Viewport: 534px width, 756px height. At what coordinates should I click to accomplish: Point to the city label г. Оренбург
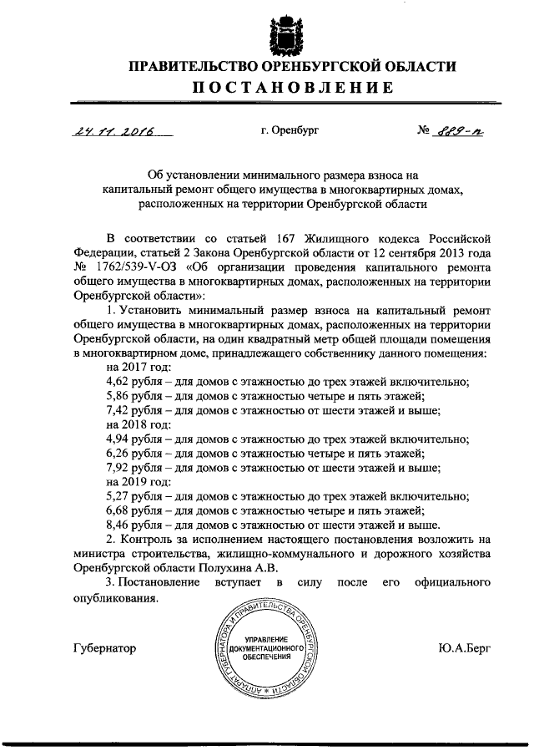pyautogui.click(x=290, y=131)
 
